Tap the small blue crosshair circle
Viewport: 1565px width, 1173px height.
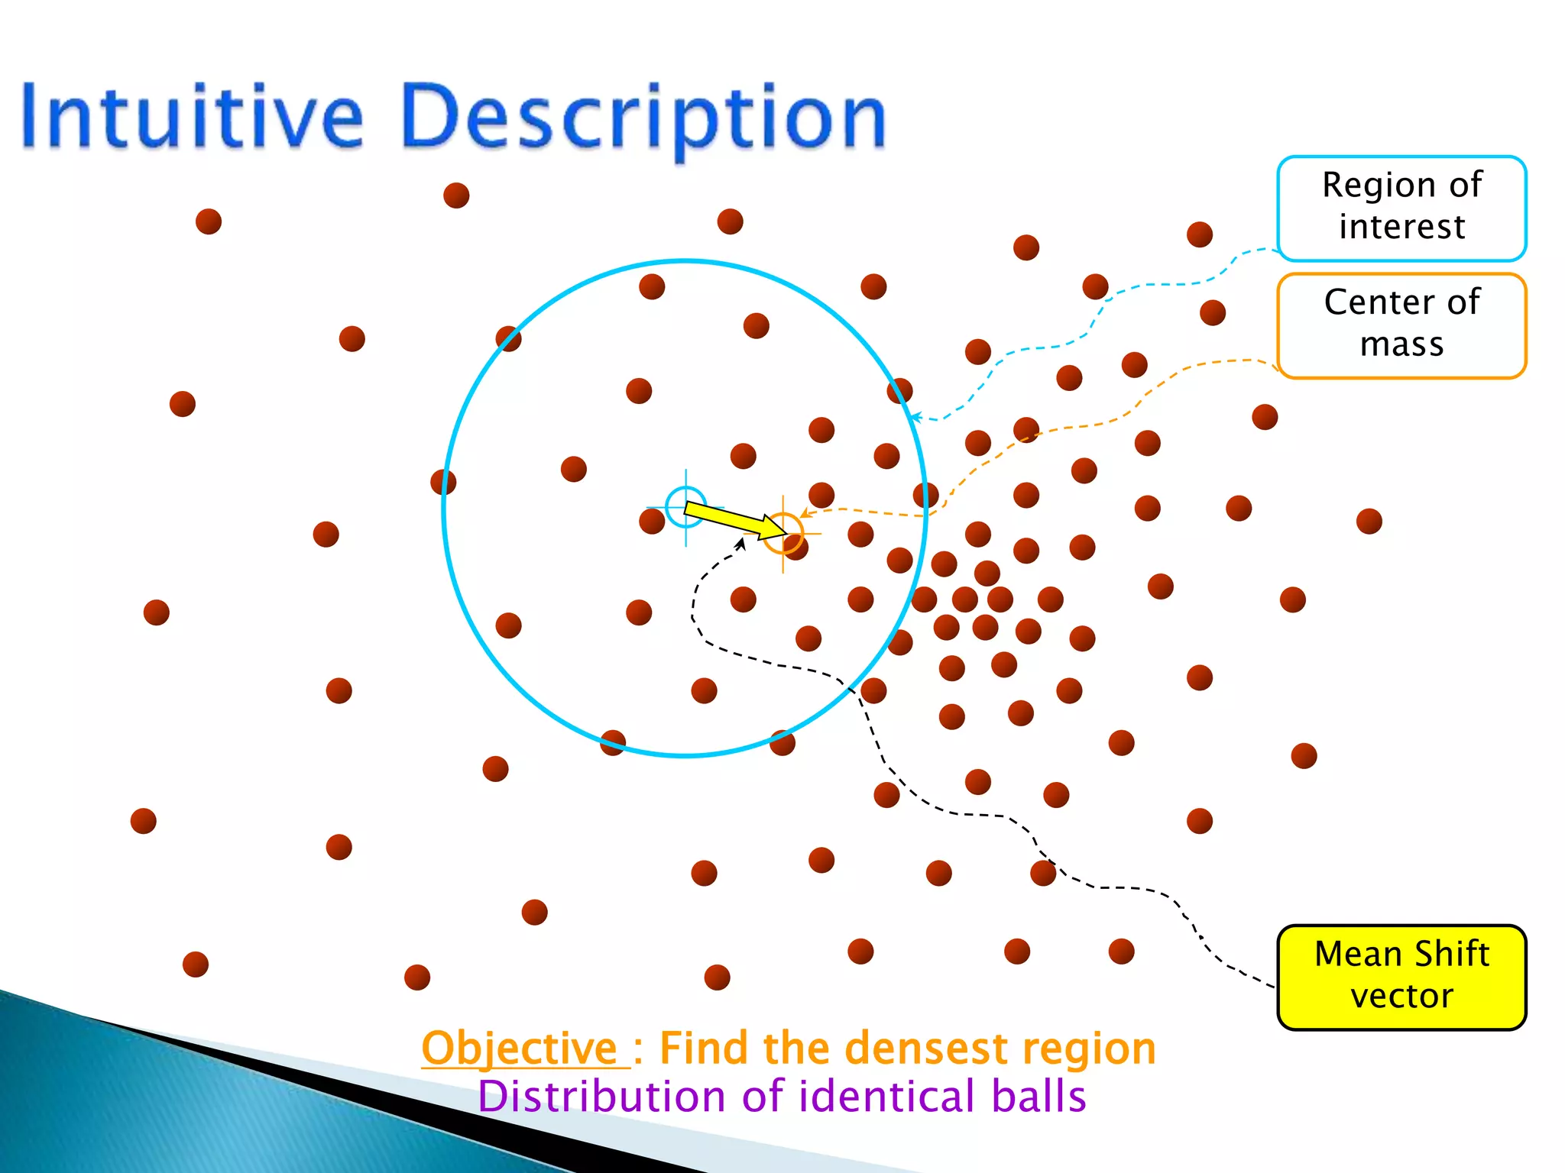[x=685, y=507]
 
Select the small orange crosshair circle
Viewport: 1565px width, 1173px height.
[x=783, y=533]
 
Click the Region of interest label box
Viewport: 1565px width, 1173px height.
[x=1401, y=208]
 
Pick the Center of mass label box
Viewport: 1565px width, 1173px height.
[x=1401, y=325]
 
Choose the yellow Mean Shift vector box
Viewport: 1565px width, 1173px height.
[x=1401, y=977]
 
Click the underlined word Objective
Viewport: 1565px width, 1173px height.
[x=520, y=1048]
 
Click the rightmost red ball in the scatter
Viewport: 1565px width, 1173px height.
[x=1369, y=522]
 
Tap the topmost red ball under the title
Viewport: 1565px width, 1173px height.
[x=456, y=195]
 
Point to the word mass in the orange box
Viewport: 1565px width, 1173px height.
[x=1401, y=344]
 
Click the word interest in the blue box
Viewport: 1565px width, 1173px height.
[x=1401, y=227]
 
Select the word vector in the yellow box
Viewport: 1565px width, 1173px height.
[x=1401, y=997]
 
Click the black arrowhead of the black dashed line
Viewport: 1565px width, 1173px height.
[x=740, y=543]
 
